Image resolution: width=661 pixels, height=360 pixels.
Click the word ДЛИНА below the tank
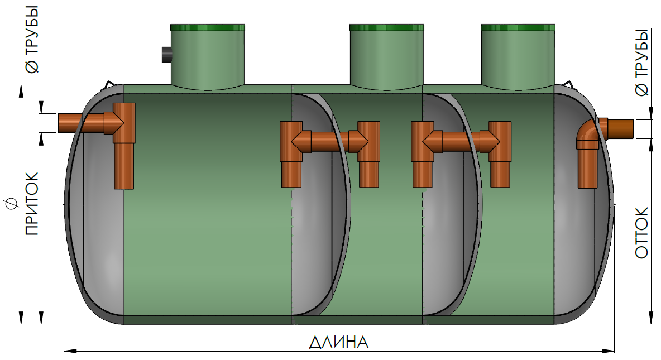[339, 342]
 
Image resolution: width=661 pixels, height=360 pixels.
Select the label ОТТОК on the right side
[642, 233]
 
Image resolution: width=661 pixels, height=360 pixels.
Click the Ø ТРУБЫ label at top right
[642, 61]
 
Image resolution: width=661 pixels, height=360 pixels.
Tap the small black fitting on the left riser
[166, 55]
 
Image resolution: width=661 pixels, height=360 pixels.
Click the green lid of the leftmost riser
[208, 27]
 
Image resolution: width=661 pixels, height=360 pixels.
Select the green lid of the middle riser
[386, 27]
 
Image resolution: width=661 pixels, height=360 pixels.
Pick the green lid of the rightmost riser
[518, 27]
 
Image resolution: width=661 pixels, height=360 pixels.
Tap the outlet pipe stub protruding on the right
[620, 129]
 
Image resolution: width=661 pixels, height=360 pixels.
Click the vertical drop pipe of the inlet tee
[124, 165]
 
